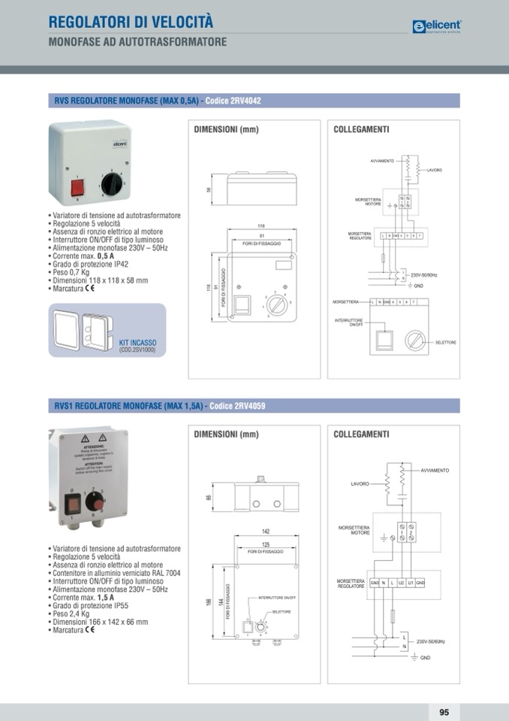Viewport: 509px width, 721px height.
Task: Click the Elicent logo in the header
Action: point(437,26)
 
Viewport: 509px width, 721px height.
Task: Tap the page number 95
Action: point(444,712)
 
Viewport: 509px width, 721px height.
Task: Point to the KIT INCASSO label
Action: point(137,343)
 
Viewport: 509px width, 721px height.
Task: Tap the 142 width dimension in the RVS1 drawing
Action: point(266,532)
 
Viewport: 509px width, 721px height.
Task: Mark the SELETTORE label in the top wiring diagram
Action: point(445,343)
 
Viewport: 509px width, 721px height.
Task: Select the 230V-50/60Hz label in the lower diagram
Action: point(431,641)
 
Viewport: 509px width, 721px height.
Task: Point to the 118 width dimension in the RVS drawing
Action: point(261,226)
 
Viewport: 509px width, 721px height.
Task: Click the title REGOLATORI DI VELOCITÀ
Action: point(131,22)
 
